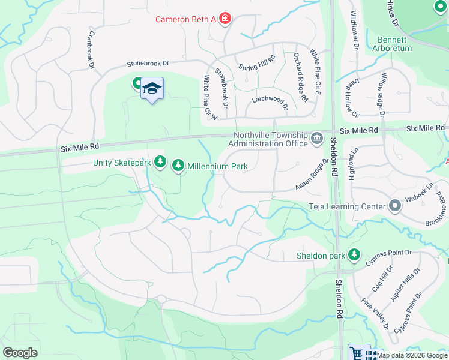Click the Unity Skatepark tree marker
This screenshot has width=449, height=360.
[160, 161]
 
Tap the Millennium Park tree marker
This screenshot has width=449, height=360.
[178, 165]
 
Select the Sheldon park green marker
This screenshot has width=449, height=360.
[354, 255]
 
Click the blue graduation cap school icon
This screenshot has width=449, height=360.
[152, 89]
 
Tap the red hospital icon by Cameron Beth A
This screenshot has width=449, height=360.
[225, 19]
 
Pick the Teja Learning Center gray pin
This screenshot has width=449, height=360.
[394, 206]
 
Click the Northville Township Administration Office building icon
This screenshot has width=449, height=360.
[316, 139]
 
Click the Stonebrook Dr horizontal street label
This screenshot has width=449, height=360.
[148, 63]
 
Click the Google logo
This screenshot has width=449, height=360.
[20, 353]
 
